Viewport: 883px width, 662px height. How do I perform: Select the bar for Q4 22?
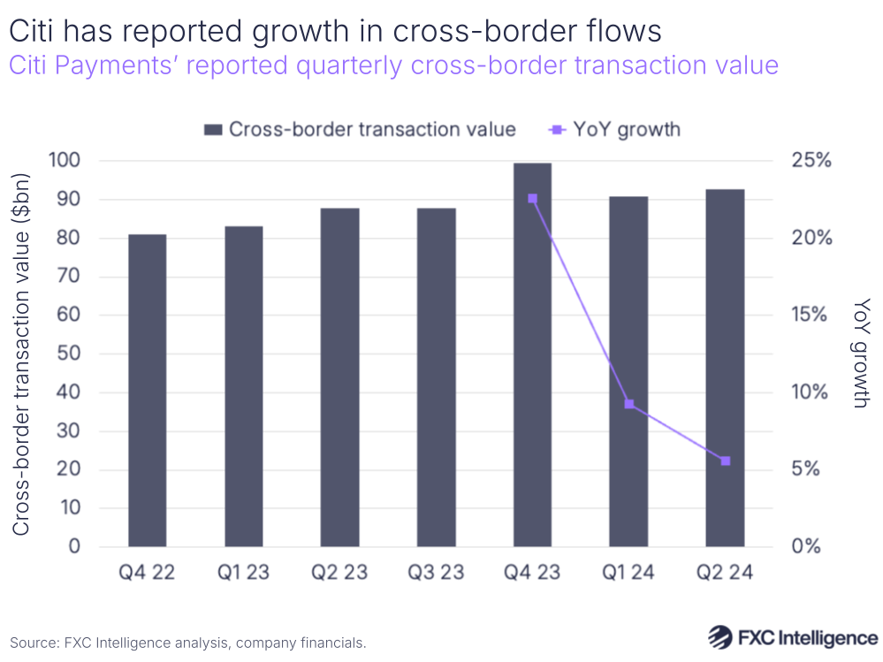point(147,390)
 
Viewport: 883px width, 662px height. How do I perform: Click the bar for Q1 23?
point(243,386)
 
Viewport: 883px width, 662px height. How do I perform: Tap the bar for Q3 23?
point(436,377)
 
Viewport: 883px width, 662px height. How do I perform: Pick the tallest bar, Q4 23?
point(532,354)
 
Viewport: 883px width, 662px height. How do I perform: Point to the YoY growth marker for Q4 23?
point(532,199)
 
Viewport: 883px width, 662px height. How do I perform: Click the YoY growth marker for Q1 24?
point(628,404)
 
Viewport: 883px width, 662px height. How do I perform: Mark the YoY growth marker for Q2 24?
point(725,460)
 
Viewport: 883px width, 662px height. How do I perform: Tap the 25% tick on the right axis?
point(812,161)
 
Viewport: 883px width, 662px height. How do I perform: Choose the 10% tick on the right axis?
point(812,392)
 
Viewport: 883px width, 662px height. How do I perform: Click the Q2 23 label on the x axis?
point(339,573)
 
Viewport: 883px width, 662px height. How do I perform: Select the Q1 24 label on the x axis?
point(628,573)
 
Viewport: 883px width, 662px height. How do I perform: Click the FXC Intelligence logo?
point(793,637)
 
